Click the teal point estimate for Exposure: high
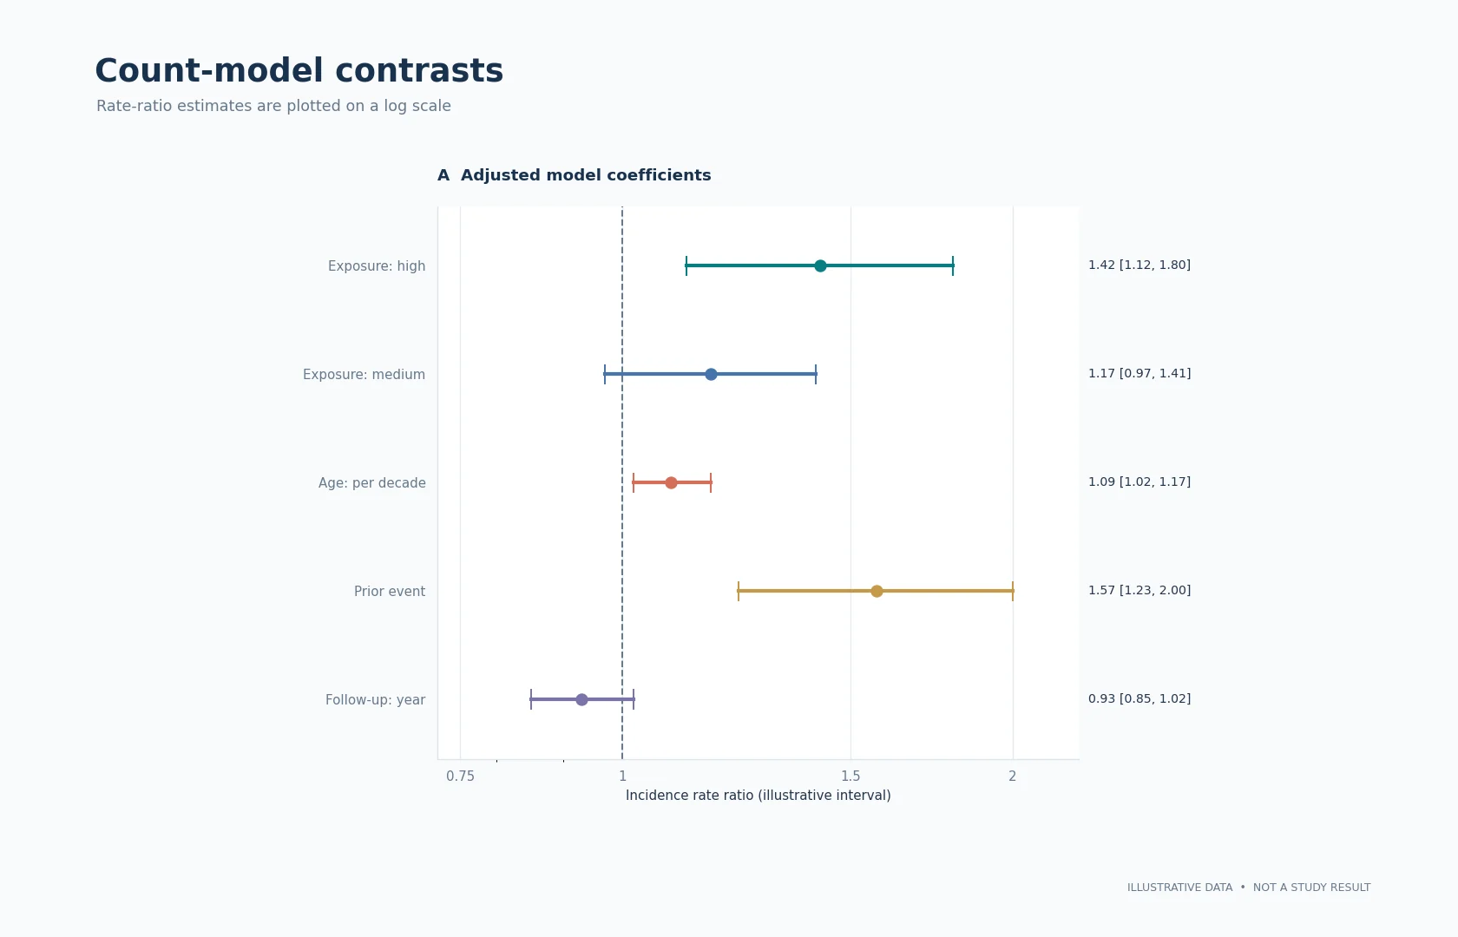(x=820, y=265)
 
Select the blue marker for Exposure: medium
(x=711, y=374)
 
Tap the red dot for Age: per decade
(x=671, y=482)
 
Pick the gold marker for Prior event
(x=877, y=591)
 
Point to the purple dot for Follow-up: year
(x=581, y=699)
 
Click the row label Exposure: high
(x=377, y=266)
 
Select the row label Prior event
(x=389, y=592)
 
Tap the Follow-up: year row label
(x=375, y=700)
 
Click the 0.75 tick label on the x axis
(x=460, y=776)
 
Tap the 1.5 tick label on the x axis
(x=850, y=776)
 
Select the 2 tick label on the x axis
(x=1012, y=776)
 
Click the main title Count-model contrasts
(x=299, y=71)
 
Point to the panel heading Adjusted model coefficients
(x=586, y=175)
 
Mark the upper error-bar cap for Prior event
(x=1013, y=591)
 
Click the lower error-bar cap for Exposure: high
(x=686, y=265)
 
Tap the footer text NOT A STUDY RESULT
(x=1311, y=888)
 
